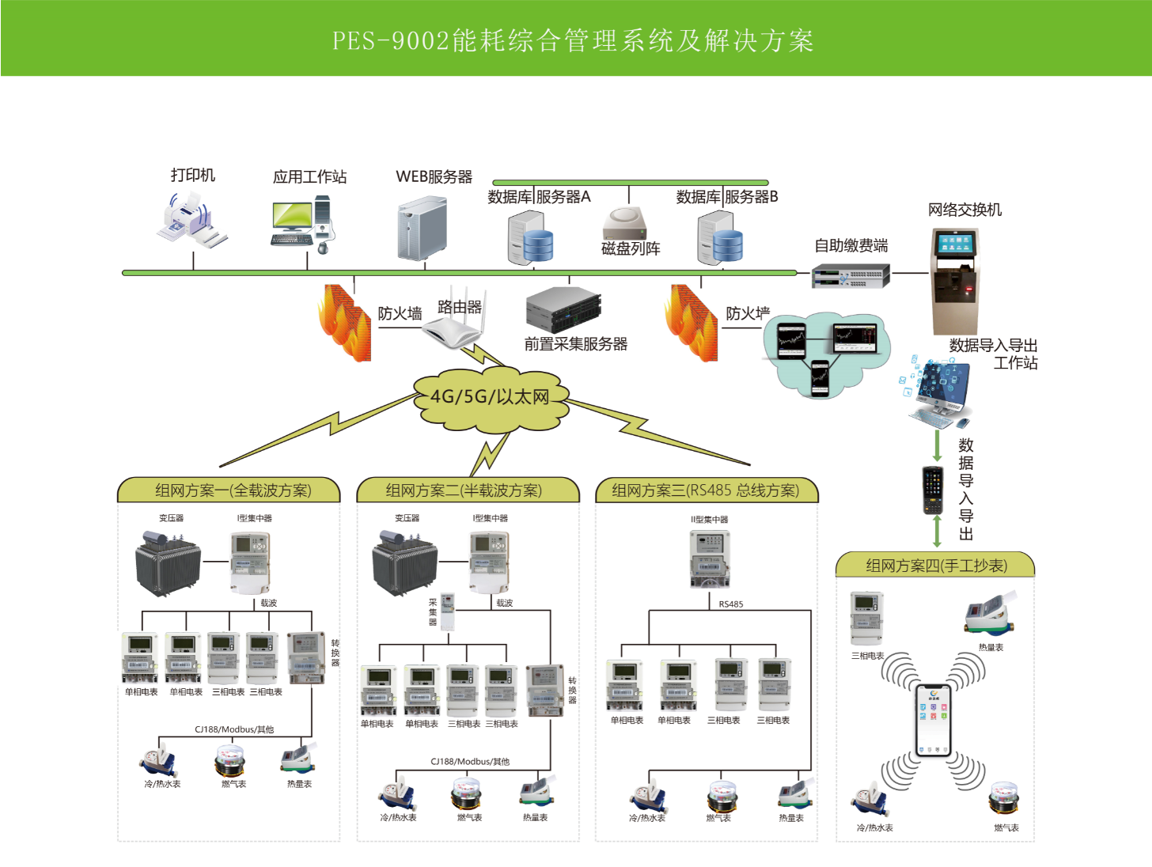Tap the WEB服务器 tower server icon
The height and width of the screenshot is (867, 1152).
click(422, 229)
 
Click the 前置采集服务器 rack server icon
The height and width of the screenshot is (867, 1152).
click(563, 309)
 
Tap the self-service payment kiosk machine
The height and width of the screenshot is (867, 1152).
click(954, 281)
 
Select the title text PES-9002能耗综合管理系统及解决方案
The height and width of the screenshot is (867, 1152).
click(573, 40)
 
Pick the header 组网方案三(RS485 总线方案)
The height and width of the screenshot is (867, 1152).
click(705, 490)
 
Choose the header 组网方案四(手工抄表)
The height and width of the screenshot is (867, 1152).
click(936, 566)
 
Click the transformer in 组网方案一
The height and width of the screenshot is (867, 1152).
click(168, 562)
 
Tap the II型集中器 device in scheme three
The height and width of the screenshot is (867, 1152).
click(710, 558)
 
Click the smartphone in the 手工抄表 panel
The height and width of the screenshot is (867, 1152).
click(933, 720)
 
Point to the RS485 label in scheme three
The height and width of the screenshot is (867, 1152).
click(731, 604)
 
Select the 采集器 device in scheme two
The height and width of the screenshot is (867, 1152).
click(447, 611)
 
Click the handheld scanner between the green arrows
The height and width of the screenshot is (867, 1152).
click(934, 490)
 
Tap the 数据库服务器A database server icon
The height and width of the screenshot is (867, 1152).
click(529, 239)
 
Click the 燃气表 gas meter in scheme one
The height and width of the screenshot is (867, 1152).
click(230, 761)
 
